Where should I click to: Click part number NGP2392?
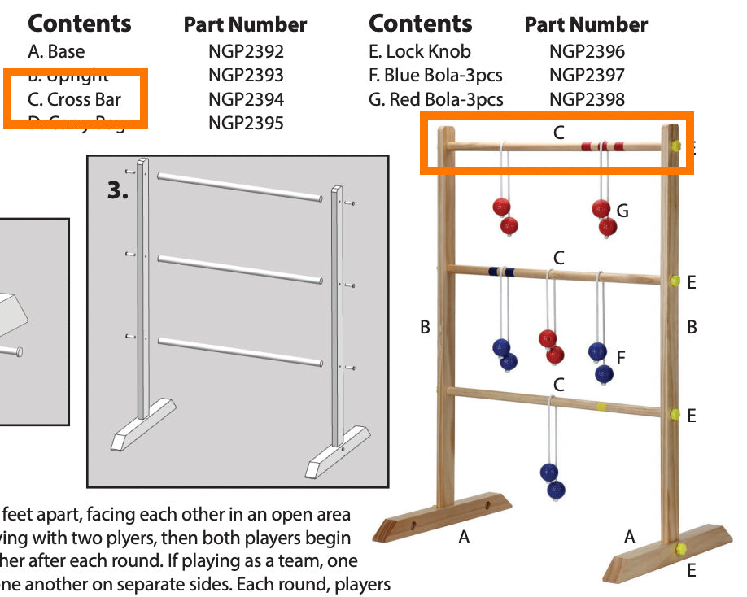point(246,52)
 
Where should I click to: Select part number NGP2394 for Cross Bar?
point(246,100)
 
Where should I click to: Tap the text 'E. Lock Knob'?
point(419,52)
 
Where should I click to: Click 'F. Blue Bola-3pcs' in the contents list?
point(435,76)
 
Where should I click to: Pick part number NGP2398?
point(587,100)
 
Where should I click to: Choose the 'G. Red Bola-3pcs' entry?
point(435,100)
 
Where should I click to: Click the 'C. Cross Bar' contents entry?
point(74,100)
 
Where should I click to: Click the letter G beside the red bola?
point(622,211)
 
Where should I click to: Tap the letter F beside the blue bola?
point(621,357)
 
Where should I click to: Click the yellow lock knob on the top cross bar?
point(675,146)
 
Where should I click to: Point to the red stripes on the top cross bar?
point(603,146)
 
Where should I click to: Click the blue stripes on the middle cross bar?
point(500,272)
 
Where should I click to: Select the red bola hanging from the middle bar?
point(551,346)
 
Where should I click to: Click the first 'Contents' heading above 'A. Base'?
point(79,24)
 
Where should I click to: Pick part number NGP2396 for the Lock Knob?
point(587,52)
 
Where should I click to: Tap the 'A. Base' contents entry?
point(56,52)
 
